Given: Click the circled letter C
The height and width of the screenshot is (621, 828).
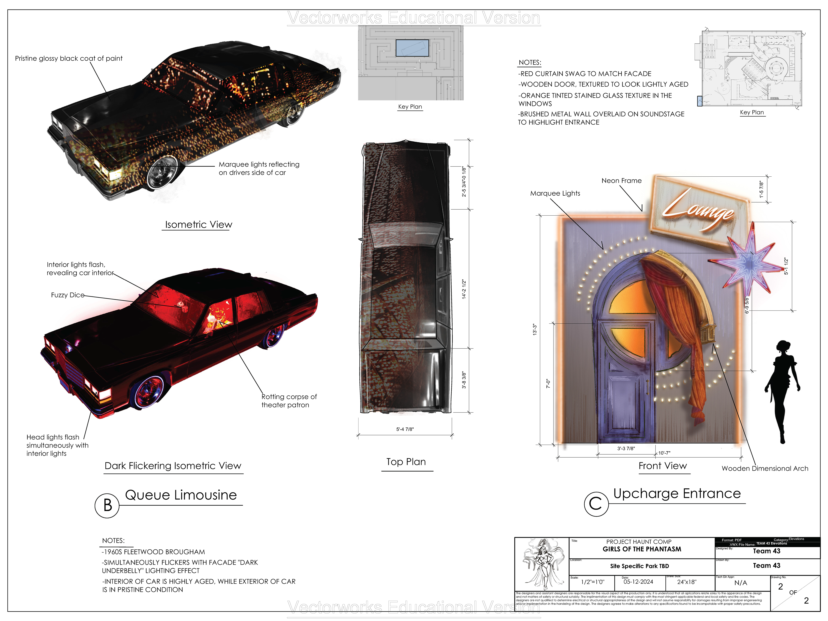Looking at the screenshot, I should click(596, 504).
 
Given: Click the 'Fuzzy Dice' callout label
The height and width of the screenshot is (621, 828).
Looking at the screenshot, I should click(67, 295).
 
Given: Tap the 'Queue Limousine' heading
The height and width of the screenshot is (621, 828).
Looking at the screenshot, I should click(181, 495).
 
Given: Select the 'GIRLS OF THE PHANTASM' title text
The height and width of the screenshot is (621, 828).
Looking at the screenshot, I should click(641, 549).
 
